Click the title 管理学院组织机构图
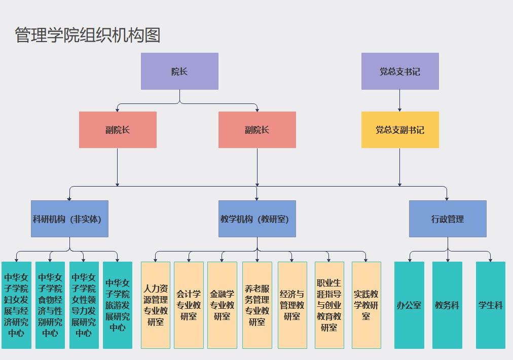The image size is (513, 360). pyautogui.click(x=88, y=35)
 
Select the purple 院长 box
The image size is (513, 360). pyautogui.click(x=179, y=71)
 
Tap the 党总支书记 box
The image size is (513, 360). pyautogui.click(x=400, y=71)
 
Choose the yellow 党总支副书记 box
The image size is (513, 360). pyautogui.click(x=400, y=130)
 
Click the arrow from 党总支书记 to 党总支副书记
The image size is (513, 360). pyautogui.click(x=400, y=100)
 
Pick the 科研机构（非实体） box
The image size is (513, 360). pyautogui.click(x=70, y=219)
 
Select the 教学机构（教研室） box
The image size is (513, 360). pyautogui.click(x=257, y=219)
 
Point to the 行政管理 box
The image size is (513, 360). pyautogui.click(x=448, y=219)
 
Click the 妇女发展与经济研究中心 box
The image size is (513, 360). pyautogui.click(x=17, y=305)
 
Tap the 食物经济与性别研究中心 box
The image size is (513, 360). pyautogui.click(x=50, y=305)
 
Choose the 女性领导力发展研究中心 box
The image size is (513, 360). pyautogui.click(x=84, y=305)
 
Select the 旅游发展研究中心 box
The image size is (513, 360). pyautogui.click(x=118, y=305)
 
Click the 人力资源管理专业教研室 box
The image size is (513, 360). pyautogui.click(x=156, y=305)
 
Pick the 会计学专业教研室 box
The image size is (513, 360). pyautogui.click(x=189, y=305)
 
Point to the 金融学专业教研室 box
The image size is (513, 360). pyautogui.click(x=222, y=305)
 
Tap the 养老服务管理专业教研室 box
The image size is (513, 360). pyautogui.click(x=257, y=305)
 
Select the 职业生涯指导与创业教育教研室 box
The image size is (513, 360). pyautogui.click(x=329, y=305)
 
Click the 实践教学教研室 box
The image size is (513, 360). pyautogui.click(x=366, y=305)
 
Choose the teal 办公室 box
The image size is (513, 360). pyautogui.click(x=409, y=305)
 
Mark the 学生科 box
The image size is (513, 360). pyautogui.click(x=491, y=305)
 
